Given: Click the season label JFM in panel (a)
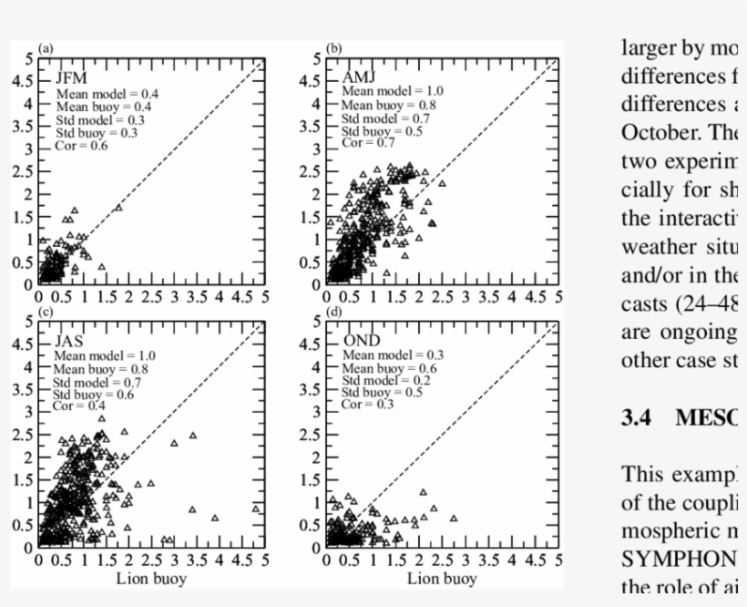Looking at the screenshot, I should [70, 78].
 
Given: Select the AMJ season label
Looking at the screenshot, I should [357, 77].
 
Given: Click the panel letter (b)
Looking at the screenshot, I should [334, 47].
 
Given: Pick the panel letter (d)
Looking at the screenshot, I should [334, 311].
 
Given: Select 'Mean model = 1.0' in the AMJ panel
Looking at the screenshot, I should [393, 91].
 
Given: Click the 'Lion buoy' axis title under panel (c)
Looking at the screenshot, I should [151, 579].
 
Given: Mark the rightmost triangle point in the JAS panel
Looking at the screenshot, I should [257, 509].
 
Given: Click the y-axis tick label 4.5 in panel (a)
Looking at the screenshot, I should [22, 80].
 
